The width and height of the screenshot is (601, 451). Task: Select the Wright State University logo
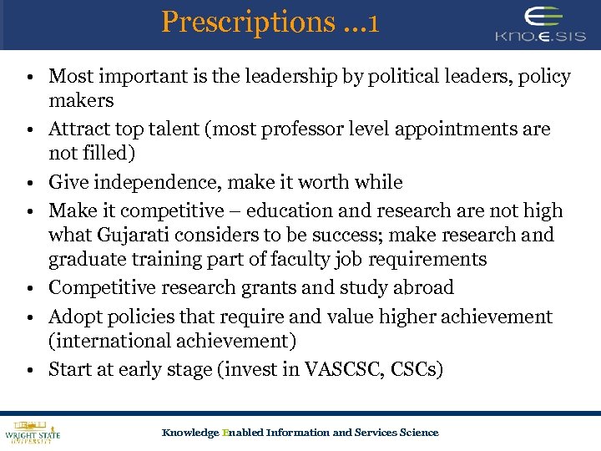(33, 431)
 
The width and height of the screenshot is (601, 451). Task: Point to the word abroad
(418, 287)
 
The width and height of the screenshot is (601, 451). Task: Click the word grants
(259, 287)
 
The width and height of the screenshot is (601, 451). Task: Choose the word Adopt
(73, 317)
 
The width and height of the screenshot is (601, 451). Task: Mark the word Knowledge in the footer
(189, 433)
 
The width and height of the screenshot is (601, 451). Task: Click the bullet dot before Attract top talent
(28, 131)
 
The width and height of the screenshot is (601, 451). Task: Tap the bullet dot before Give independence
(28, 184)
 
